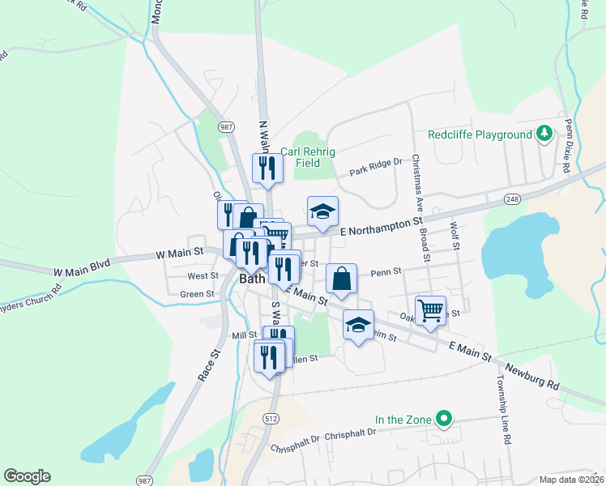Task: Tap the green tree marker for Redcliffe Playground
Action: click(x=546, y=134)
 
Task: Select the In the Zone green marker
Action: click(x=443, y=419)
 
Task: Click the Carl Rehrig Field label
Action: click(x=307, y=156)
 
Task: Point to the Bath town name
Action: click(x=253, y=278)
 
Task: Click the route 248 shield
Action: click(x=510, y=199)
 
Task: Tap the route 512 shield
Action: click(x=271, y=416)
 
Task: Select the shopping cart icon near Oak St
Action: click(x=430, y=309)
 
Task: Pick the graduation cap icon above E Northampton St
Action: click(x=322, y=211)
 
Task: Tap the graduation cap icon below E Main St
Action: click(x=358, y=325)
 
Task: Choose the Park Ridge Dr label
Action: click(x=376, y=168)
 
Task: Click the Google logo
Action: click(x=27, y=476)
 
